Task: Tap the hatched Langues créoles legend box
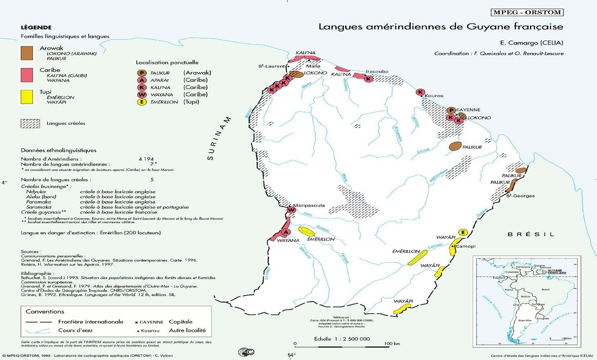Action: point(30,124)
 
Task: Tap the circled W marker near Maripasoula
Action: point(291,210)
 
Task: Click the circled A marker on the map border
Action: point(285,231)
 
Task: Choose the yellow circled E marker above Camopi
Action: point(462,232)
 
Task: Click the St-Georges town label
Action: point(520,196)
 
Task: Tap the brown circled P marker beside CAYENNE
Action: point(451,110)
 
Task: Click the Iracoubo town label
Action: point(377,72)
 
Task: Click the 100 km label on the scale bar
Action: point(392,343)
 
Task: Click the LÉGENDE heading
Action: point(36,28)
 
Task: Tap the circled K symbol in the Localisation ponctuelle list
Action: point(141,87)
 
